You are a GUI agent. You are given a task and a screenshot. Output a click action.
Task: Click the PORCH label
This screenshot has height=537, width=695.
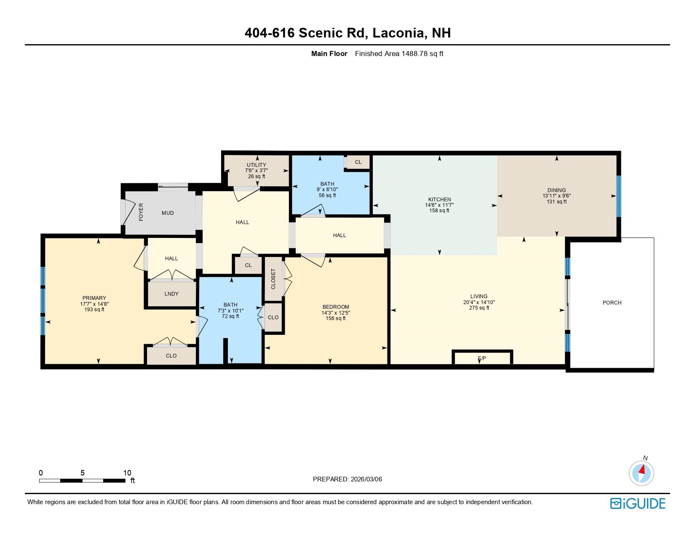click(612, 303)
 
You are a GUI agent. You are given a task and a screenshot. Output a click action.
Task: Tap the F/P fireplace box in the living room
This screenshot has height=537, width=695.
click(482, 358)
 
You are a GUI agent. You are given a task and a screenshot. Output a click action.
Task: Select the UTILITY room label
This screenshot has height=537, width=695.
click(256, 165)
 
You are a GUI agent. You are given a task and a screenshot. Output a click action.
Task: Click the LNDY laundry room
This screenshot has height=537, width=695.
click(171, 294)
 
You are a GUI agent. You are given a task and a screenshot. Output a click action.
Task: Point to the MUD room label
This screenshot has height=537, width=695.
click(168, 213)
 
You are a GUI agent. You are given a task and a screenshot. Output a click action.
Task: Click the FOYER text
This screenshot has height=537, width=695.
click(141, 212)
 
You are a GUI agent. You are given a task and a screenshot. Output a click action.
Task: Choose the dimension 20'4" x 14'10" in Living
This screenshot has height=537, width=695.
click(479, 302)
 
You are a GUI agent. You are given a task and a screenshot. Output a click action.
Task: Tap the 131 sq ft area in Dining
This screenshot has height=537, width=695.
click(556, 202)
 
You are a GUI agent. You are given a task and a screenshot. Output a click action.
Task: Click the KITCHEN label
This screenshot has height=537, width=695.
click(439, 200)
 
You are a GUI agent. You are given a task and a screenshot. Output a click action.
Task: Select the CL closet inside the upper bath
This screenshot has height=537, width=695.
click(358, 162)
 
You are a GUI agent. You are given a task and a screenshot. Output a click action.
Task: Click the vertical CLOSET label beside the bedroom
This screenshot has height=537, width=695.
click(273, 279)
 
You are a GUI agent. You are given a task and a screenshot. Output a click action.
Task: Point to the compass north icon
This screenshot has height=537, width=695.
click(642, 473)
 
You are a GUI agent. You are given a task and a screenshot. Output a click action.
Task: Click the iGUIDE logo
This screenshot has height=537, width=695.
click(638, 503)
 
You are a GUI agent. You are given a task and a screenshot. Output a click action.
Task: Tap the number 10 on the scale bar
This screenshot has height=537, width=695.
click(127, 473)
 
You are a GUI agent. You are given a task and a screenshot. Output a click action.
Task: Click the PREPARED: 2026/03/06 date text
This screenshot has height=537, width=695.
click(347, 479)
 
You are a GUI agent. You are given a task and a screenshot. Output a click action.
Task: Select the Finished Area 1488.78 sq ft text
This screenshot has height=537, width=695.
click(399, 53)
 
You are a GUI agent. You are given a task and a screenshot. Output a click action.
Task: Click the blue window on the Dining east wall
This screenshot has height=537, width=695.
click(618, 196)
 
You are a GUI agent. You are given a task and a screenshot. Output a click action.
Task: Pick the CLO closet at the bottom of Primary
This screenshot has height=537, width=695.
click(171, 356)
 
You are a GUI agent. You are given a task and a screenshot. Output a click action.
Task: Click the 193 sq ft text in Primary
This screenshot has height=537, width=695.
click(94, 310)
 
